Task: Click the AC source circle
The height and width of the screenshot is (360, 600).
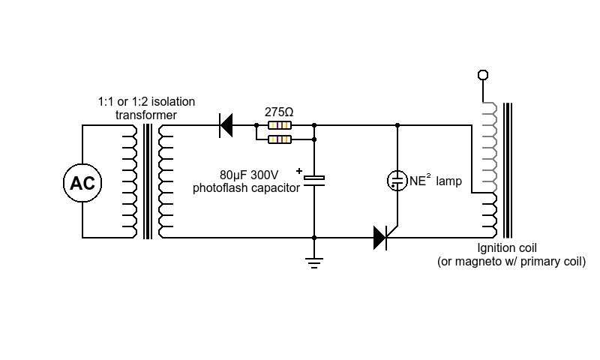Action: point(82,183)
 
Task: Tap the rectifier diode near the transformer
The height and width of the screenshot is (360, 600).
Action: point(226,125)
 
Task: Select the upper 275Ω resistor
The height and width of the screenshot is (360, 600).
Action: point(280,125)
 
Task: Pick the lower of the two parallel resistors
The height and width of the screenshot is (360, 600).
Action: point(280,139)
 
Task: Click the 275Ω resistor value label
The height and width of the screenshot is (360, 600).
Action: point(279,112)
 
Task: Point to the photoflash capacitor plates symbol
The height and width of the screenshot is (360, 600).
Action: point(314,181)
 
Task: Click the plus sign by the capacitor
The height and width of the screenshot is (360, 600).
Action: point(299,171)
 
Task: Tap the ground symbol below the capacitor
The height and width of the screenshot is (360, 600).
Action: point(314,263)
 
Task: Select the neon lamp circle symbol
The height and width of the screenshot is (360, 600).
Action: point(397,181)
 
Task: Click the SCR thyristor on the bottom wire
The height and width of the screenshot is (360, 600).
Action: point(382,238)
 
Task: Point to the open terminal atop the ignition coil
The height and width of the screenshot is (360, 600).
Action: point(483,75)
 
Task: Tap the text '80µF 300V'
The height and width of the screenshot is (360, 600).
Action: point(249,175)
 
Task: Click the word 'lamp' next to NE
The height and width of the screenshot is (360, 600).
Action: point(448,181)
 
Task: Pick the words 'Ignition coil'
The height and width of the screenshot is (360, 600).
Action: point(507,248)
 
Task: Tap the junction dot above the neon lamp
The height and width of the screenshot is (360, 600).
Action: point(397,125)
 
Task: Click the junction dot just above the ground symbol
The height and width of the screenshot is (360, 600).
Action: point(314,238)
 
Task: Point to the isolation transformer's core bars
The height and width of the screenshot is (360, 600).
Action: point(148,181)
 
